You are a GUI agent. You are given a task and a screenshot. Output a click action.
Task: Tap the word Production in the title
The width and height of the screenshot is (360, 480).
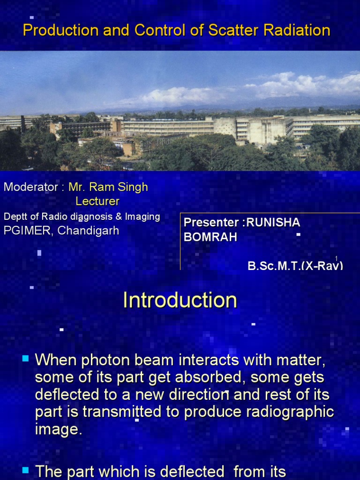click(x=52, y=30)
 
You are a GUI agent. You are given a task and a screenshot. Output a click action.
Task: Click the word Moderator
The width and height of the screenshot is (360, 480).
click(x=31, y=187)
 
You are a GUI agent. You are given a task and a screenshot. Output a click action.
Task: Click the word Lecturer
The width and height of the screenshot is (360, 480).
click(x=97, y=202)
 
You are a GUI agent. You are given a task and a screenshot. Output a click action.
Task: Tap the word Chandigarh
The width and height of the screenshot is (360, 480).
click(x=89, y=231)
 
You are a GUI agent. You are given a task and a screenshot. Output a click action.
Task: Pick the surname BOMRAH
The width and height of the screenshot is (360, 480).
click(x=210, y=237)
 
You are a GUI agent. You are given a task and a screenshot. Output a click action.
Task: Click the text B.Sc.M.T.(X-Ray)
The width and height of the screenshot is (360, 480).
click(x=295, y=265)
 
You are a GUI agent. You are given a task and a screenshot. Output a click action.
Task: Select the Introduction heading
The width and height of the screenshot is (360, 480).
click(x=180, y=300)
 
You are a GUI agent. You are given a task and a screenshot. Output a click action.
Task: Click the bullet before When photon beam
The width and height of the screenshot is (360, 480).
click(x=25, y=359)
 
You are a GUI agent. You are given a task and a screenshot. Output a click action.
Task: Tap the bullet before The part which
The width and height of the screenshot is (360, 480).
click(x=25, y=469)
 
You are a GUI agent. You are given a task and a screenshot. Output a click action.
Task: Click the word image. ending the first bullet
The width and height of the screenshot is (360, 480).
click(x=59, y=429)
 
